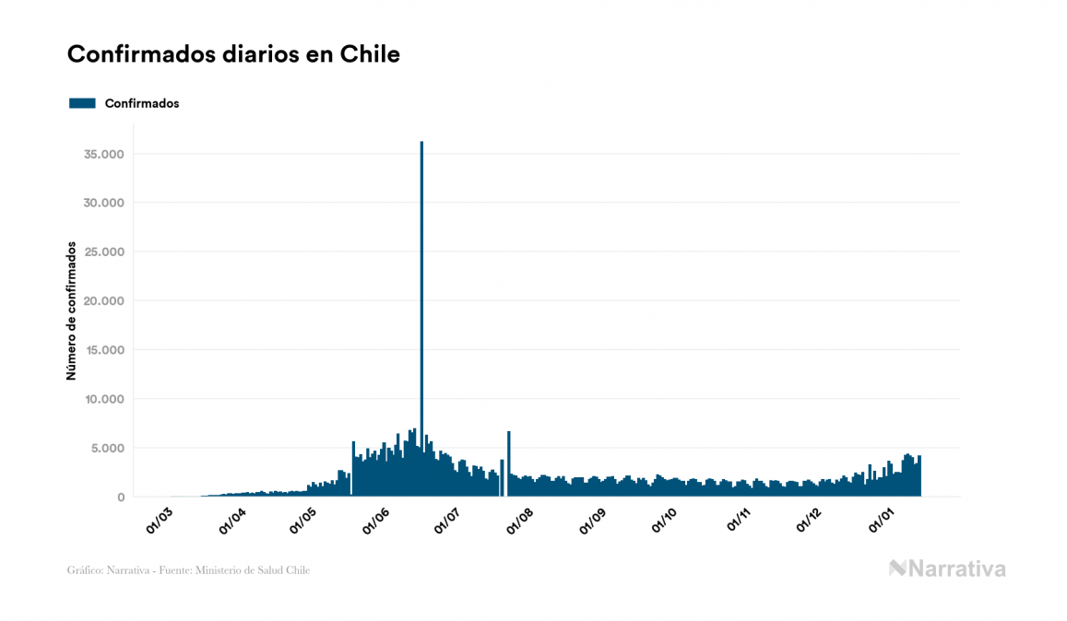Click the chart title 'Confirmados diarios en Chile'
click(x=233, y=54)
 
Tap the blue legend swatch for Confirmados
click(x=82, y=103)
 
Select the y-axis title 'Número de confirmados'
click(x=71, y=310)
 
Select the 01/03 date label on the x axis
click(x=160, y=521)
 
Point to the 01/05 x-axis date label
click(x=303, y=521)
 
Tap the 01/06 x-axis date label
click(x=376, y=521)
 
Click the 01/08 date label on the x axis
click(x=520, y=521)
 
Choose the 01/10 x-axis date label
click(x=665, y=521)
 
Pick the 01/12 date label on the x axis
click(x=809, y=521)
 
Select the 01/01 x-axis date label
click(x=882, y=521)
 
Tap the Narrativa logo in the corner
click(x=947, y=568)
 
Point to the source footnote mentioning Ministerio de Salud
click(x=188, y=570)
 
